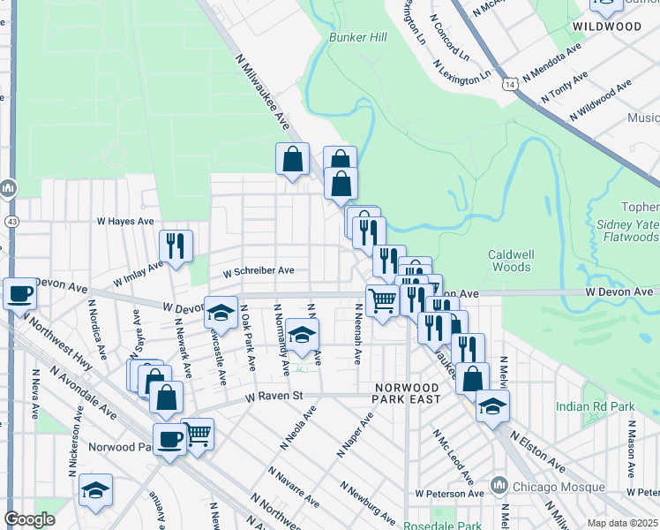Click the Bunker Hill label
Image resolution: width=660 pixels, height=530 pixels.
coord(358,38)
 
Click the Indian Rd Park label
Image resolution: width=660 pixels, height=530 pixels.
coord(596,406)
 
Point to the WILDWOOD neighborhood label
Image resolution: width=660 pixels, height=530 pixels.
coord(606,26)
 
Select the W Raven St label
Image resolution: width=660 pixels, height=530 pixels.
coord(274,397)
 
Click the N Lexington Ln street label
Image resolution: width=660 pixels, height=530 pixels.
coord(461,72)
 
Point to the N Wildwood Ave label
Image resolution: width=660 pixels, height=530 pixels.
coord(601,100)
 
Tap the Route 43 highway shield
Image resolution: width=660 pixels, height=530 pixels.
coord(11,220)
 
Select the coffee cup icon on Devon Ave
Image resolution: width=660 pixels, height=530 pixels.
coord(19,293)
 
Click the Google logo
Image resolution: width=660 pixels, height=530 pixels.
coord(30,520)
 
